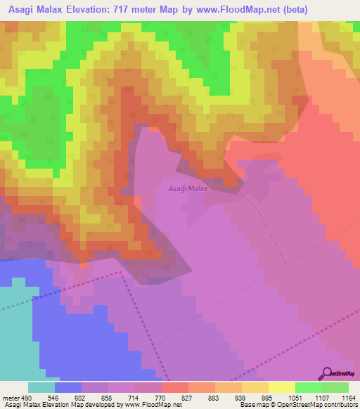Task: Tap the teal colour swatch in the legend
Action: coord(41,387)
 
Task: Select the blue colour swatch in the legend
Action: coord(68,387)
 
